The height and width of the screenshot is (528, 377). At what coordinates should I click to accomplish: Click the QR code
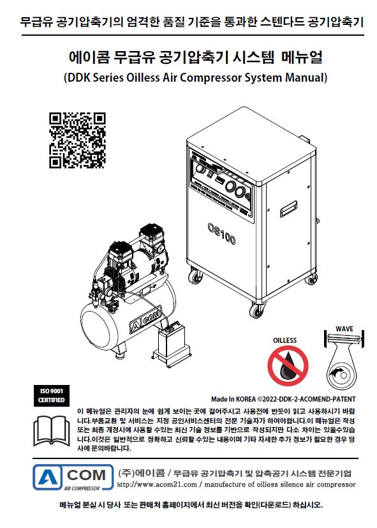click(x=77, y=140)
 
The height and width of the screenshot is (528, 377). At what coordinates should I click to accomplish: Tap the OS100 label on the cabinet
click(x=221, y=233)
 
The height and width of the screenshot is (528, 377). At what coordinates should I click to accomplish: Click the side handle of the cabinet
click(x=288, y=209)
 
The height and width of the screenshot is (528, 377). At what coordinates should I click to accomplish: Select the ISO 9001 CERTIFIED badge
click(x=52, y=396)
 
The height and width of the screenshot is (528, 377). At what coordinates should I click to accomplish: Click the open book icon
click(x=52, y=431)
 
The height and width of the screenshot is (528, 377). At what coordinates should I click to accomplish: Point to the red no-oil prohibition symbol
click(x=288, y=366)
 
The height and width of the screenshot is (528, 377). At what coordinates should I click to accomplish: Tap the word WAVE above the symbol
click(x=344, y=329)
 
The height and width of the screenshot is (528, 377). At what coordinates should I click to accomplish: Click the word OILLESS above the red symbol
click(x=285, y=340)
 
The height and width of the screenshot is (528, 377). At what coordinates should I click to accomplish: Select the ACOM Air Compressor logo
click(x=73, y=478)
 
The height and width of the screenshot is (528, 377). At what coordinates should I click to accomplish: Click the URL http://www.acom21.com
click(x=157, y=485)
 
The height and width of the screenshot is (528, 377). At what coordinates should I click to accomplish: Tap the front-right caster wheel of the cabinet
click(x=256, y=310)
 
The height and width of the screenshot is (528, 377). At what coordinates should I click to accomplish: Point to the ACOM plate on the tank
click(x=145, y=319)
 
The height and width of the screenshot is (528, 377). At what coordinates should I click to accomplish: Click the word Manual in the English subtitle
click(x=306, y=77)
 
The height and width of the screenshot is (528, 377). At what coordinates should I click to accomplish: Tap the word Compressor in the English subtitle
click(x=211, y=77)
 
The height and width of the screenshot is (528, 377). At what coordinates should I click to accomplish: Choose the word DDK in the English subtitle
click(x=78, y=77)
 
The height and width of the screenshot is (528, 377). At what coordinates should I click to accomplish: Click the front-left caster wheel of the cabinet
click(x=195, y=277)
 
